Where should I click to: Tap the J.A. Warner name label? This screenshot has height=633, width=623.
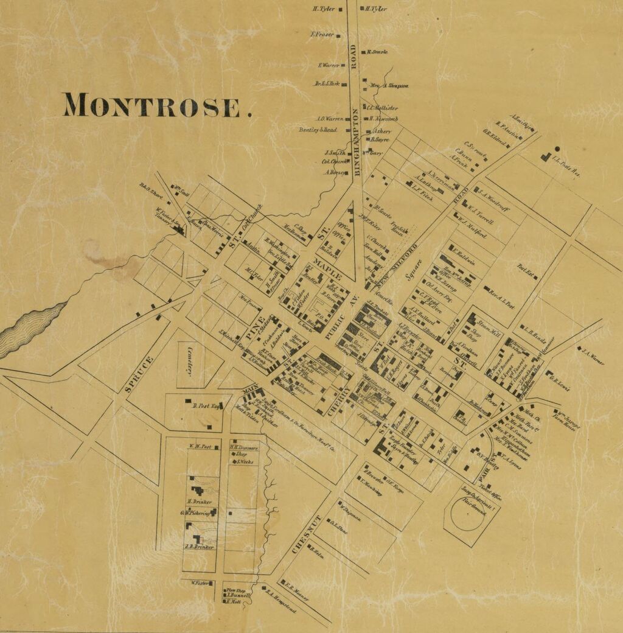pyautogui.click(x=591, y=356)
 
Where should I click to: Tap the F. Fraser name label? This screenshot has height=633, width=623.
pyautogui.click(x=322, y=35)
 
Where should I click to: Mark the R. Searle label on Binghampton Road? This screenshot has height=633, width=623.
pyautogui.click(x=377, y=52)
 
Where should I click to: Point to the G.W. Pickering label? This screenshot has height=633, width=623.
pyautogui.click(x=195, y=514)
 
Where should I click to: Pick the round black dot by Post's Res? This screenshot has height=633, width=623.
pyautogui.click(x=557, y=148)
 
